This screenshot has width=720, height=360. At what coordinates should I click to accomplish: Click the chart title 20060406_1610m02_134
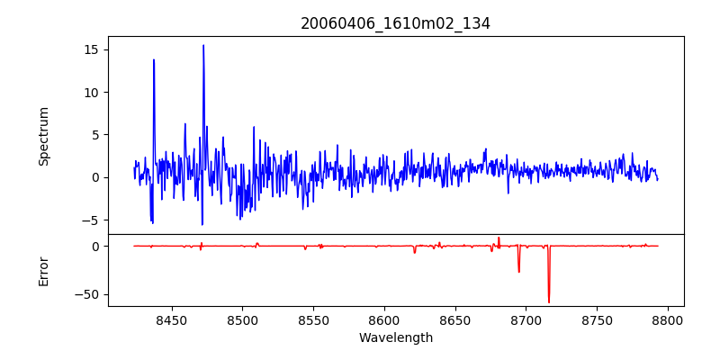[x=395, y=23]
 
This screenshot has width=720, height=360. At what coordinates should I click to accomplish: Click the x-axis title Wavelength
[x=395, y=338]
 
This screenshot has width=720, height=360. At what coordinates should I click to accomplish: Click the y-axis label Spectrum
[x=44, y=136]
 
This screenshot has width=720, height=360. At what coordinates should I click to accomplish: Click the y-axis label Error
[x=44, y=271]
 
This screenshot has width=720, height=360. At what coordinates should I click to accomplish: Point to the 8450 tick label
[x=171, y=319]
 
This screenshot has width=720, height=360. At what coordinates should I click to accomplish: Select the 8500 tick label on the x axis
[x=242, y=319]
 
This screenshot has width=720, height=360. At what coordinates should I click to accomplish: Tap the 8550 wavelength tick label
[x=313, y=319]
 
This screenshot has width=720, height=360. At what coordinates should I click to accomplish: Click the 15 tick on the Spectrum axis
[x=90, y=49]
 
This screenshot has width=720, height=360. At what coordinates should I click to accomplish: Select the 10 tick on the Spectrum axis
[x=90, y=92]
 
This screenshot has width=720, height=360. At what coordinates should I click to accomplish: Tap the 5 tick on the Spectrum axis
[x=94, y=135]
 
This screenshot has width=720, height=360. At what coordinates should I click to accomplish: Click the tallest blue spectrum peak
[x=203, y=45]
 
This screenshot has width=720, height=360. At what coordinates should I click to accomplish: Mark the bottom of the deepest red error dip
[x=549, y=302]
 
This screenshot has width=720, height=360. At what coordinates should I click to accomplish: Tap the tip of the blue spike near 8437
[x=154, y=59]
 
